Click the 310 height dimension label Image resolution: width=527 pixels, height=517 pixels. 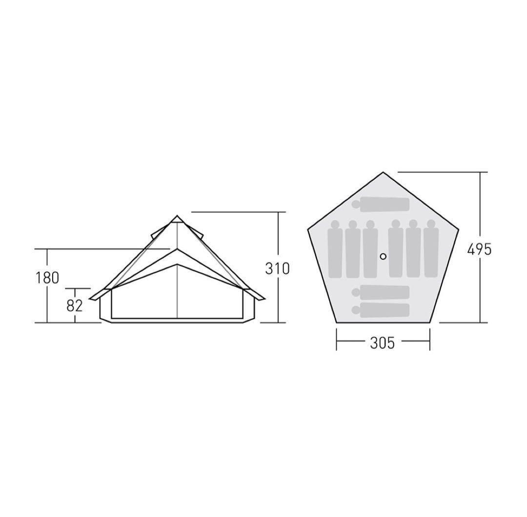pyautogui.click(x=277, y=268)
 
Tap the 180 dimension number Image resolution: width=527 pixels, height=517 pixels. pyautogui.click(x=47, y=278)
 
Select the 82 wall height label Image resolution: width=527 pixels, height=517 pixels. pyautogui.click(x=74, y=306)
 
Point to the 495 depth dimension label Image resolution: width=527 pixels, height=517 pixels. pyautogui.click(x=479, y=249)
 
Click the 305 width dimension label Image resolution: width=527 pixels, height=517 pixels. pyautogui.click(x=383, y=343)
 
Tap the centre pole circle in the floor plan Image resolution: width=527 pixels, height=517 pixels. pyautogui.click(x=383, y=256)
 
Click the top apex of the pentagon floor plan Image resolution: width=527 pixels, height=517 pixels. pyautogui.click(x=383, y=172)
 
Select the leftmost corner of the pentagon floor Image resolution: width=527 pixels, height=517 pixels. pyautogui.click(x=308, y=230)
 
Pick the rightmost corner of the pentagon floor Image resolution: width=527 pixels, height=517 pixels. pyautogui.click(x=458, y=230)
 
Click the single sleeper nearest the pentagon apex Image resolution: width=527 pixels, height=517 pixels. pyautogui.click(x=381, y=205)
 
